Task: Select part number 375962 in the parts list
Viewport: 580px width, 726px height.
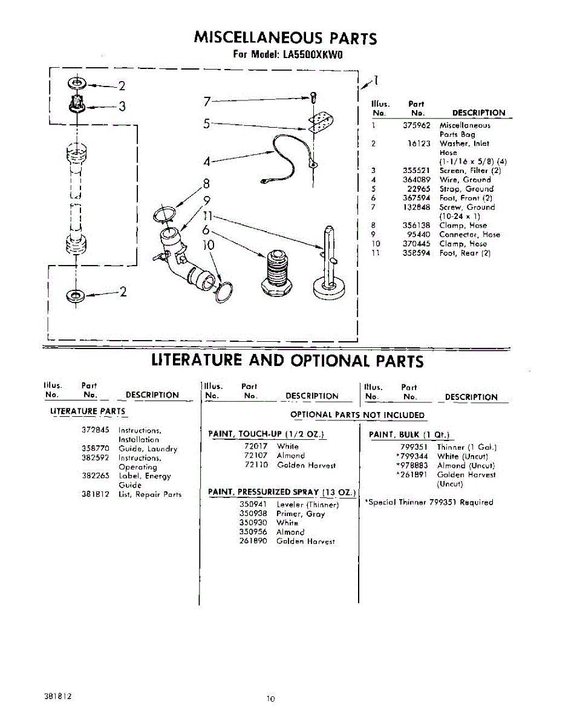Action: (417, 125)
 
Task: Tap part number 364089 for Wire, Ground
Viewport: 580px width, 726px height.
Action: (417, 180)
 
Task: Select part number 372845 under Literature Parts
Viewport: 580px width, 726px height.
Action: (95, 430)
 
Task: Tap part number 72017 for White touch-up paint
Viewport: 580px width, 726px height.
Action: (256, 446)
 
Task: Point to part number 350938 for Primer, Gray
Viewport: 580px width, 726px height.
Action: (253, 513)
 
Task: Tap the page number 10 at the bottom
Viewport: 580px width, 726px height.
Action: (270, 699)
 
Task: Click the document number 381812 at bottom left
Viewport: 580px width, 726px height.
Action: (58, 696)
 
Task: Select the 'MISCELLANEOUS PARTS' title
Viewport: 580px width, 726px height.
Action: (285, 39)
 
